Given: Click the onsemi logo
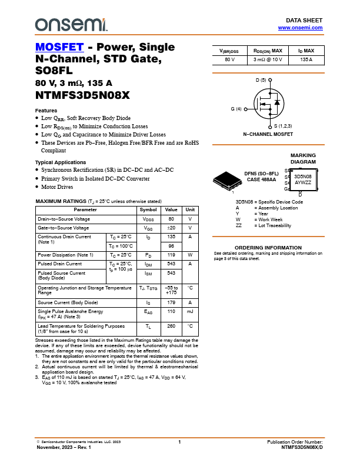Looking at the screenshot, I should [71, 24].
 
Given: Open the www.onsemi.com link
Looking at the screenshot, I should [300, 28].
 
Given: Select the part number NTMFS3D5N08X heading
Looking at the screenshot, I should [82, 95].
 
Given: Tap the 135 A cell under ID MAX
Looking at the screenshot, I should [306, 60].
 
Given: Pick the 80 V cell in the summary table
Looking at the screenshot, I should [229, 60].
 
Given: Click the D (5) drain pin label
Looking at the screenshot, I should [261, 79].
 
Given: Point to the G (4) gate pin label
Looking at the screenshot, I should [236, 109].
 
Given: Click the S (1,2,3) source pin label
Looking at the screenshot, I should [283, 126].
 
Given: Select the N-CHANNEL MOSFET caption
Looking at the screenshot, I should [268, 134].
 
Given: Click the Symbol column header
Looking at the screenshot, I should [148, 209].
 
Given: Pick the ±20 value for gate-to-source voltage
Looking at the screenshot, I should [171, 228].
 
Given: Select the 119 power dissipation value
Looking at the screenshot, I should [171, 255].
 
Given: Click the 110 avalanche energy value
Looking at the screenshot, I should [171, 311].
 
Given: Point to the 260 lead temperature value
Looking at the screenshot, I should [171, 325].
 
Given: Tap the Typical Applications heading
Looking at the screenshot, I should [61, 162].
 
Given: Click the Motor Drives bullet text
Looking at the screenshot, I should [57, 187].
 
